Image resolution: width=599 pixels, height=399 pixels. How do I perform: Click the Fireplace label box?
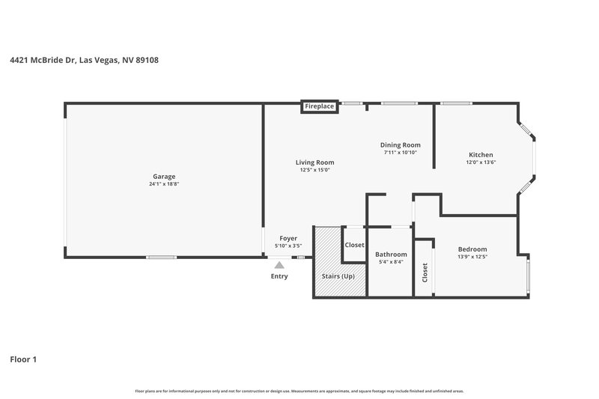point(320,106)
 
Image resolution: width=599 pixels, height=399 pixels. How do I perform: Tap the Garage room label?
point(164,177)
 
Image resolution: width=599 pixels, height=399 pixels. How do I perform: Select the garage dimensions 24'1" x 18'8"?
point(164,184)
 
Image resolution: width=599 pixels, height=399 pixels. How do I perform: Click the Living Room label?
point(314,162)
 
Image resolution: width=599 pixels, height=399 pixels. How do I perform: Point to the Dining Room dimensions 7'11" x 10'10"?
point(400,153)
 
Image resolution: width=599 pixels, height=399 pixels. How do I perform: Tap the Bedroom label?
point(472,249)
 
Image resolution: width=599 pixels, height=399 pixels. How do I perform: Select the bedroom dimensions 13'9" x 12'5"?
point(472,257)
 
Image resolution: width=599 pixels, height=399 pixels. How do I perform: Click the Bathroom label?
point(391,255)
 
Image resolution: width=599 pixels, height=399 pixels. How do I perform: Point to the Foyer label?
point(288,238)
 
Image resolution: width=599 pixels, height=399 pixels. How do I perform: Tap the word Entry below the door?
point(279,276)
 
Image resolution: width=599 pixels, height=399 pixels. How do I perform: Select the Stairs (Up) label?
point(338,276)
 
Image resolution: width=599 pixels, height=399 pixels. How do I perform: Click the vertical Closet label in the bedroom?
point(425,272)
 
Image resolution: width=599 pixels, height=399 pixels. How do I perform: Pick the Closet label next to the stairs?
point(354,245)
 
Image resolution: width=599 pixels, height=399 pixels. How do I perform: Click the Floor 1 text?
point(23,359)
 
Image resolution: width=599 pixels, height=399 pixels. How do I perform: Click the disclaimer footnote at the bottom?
point(299,391)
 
